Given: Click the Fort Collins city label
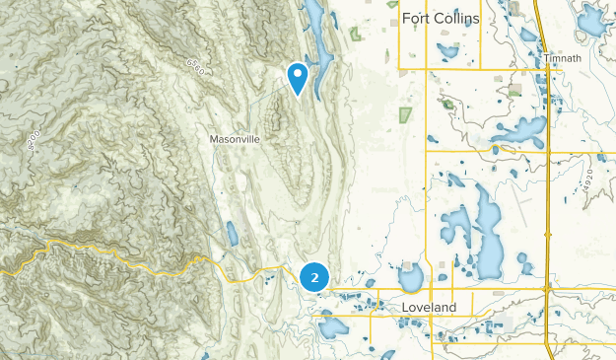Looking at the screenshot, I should click(442, 19).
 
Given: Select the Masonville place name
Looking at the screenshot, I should click(235, 139).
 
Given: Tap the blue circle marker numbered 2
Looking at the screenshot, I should click(313, 278).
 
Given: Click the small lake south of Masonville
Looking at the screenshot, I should click(232, 234).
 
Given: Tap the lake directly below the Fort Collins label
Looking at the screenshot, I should click(448, 49).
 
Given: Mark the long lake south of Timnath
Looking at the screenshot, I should click(520, 129).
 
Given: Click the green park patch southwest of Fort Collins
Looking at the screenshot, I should click(403, 112).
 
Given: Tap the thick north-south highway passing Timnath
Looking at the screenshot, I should click(544, 148).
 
